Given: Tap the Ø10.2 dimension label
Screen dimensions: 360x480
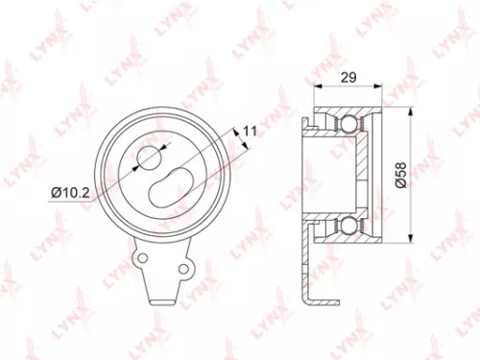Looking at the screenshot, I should click(x=72, y=192).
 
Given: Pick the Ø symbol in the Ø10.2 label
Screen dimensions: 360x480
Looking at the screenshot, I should click(x=57, y=192).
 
